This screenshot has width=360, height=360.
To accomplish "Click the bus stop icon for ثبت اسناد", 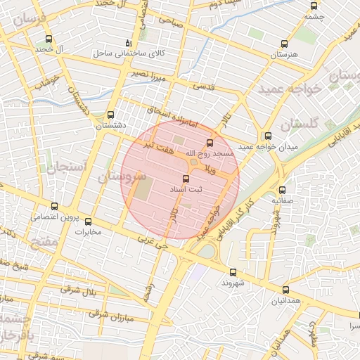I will pyautogui.click(x=186, y=179).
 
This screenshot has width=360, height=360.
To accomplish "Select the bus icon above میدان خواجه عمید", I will pyautogui.click(x=267, y=136).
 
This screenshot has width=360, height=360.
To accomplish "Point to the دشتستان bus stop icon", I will pyautogui.click(x=110, y=115).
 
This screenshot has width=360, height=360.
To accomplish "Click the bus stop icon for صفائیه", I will pyautogui.click(x=283, y=190).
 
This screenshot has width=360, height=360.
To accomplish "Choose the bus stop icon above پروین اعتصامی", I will pyautogui.click(x=56, y=206).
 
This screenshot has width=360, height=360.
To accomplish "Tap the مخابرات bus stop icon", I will pyautogui.click(x=88, y=221).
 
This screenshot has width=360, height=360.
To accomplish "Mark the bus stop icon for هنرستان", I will pyautogui.click(x=284, y=43).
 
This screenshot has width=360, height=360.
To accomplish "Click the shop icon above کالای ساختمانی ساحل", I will pyautogui.click(x=127, y=41).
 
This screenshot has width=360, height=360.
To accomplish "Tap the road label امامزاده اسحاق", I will pyautogui.click(x=173, y=117).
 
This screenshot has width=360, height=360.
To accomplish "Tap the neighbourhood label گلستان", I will pyautogui.click(x=299, y=124).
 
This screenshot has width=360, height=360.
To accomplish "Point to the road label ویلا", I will pyautogui.click(x=209, y=169).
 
